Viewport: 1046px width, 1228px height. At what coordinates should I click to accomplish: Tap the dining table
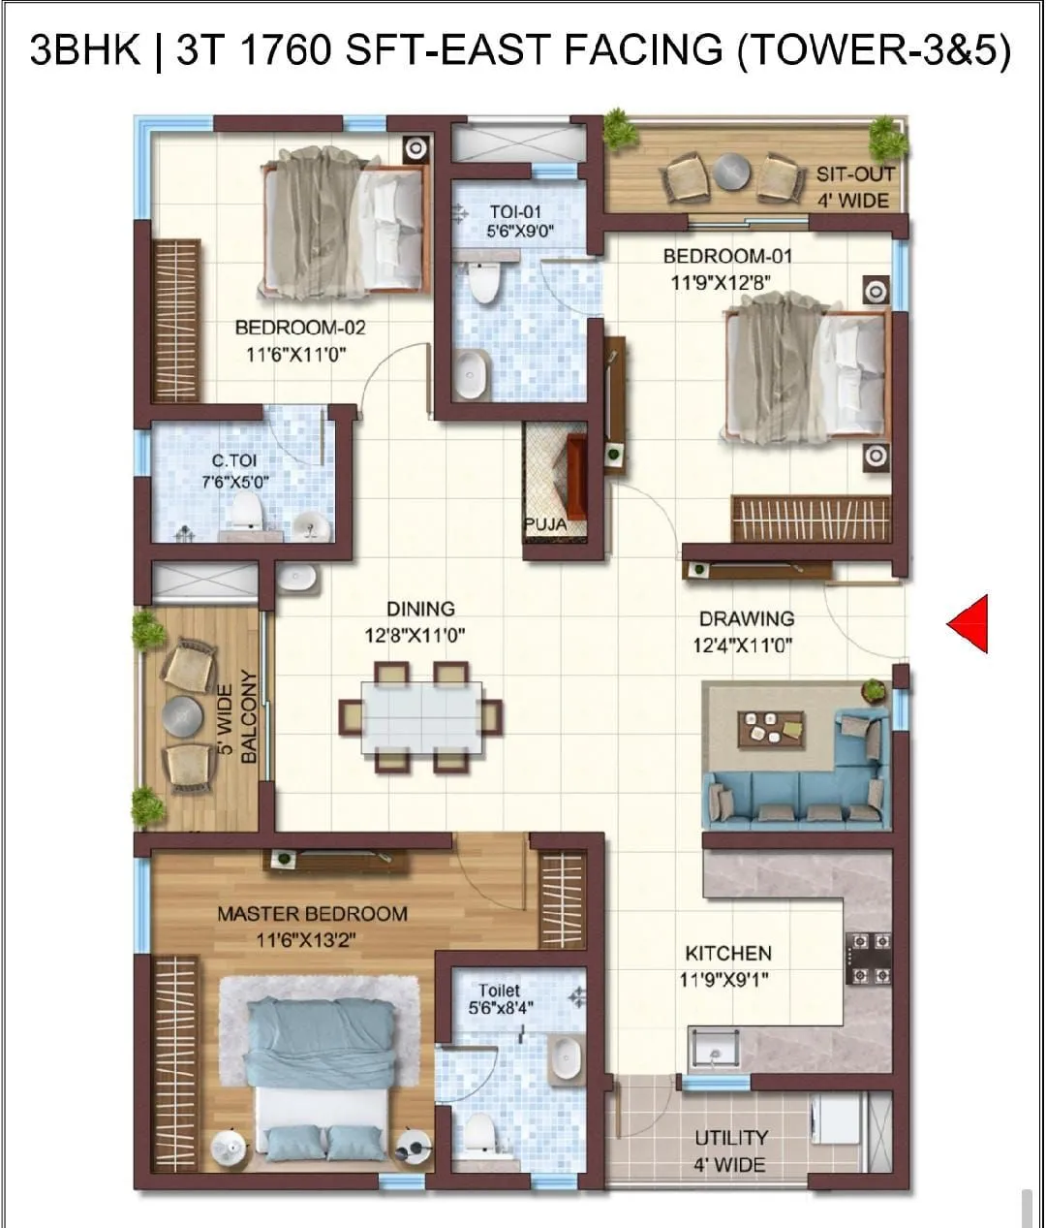pos(421,717)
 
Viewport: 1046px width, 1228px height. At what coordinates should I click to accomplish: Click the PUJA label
pos(545,524)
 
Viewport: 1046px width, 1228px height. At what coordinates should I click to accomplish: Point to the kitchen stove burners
pos(869,958)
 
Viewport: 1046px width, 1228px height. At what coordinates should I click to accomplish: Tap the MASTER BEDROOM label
pos(312,913)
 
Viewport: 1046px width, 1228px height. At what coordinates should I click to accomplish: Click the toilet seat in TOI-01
pos(481,280)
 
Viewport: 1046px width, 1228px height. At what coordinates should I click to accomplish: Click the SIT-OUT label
pos(854,174)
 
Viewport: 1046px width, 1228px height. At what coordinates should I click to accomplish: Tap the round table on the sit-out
pos(733,173)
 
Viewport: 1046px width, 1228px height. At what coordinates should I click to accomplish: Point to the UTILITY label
pos(731,1137)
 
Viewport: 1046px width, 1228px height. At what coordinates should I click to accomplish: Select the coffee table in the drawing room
pos(771,729)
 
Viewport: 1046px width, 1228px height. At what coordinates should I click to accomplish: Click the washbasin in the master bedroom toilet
pos(564,1057)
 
